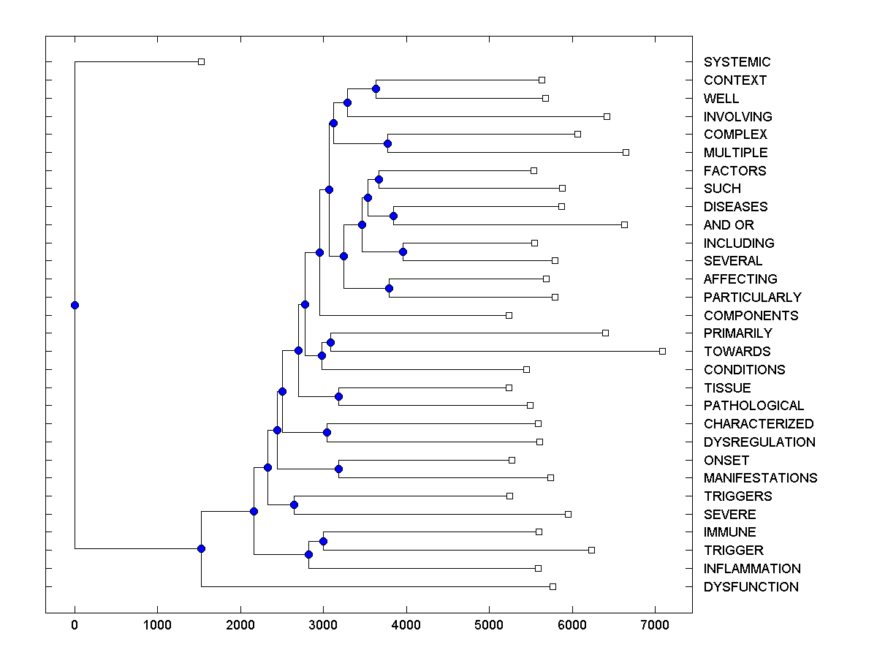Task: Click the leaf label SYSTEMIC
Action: click(x=737, y=62)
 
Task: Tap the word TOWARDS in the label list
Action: click(x=737, y=352)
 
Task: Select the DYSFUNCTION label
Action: click(x=751, y=587)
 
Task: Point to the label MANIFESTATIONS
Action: click(x=760, y=478)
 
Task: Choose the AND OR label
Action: click(x=729, y=225)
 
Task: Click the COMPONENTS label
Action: click(x=751, y=316)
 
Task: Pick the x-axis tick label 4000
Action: click(x=406, y=624)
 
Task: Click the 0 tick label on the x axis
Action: click(x=75, y=624)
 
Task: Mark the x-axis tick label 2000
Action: click(x=240, y=624)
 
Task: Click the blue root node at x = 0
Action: click(x=75, y=305)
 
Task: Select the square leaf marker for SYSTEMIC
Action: click(x=202, y=61)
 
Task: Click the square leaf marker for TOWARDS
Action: click(x=662, y=351)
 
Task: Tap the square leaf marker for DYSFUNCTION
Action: click(x=553, y=586)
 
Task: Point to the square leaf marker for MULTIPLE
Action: click(x=626, y=152)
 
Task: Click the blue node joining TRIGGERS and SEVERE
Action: click(x=294, y=504)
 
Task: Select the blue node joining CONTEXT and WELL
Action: click(x=376, y=88)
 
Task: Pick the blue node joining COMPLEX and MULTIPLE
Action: click(x=387, y=143)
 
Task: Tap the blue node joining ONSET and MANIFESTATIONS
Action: click(x=338, y=469)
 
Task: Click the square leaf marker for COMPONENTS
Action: click(x=509, y=315)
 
